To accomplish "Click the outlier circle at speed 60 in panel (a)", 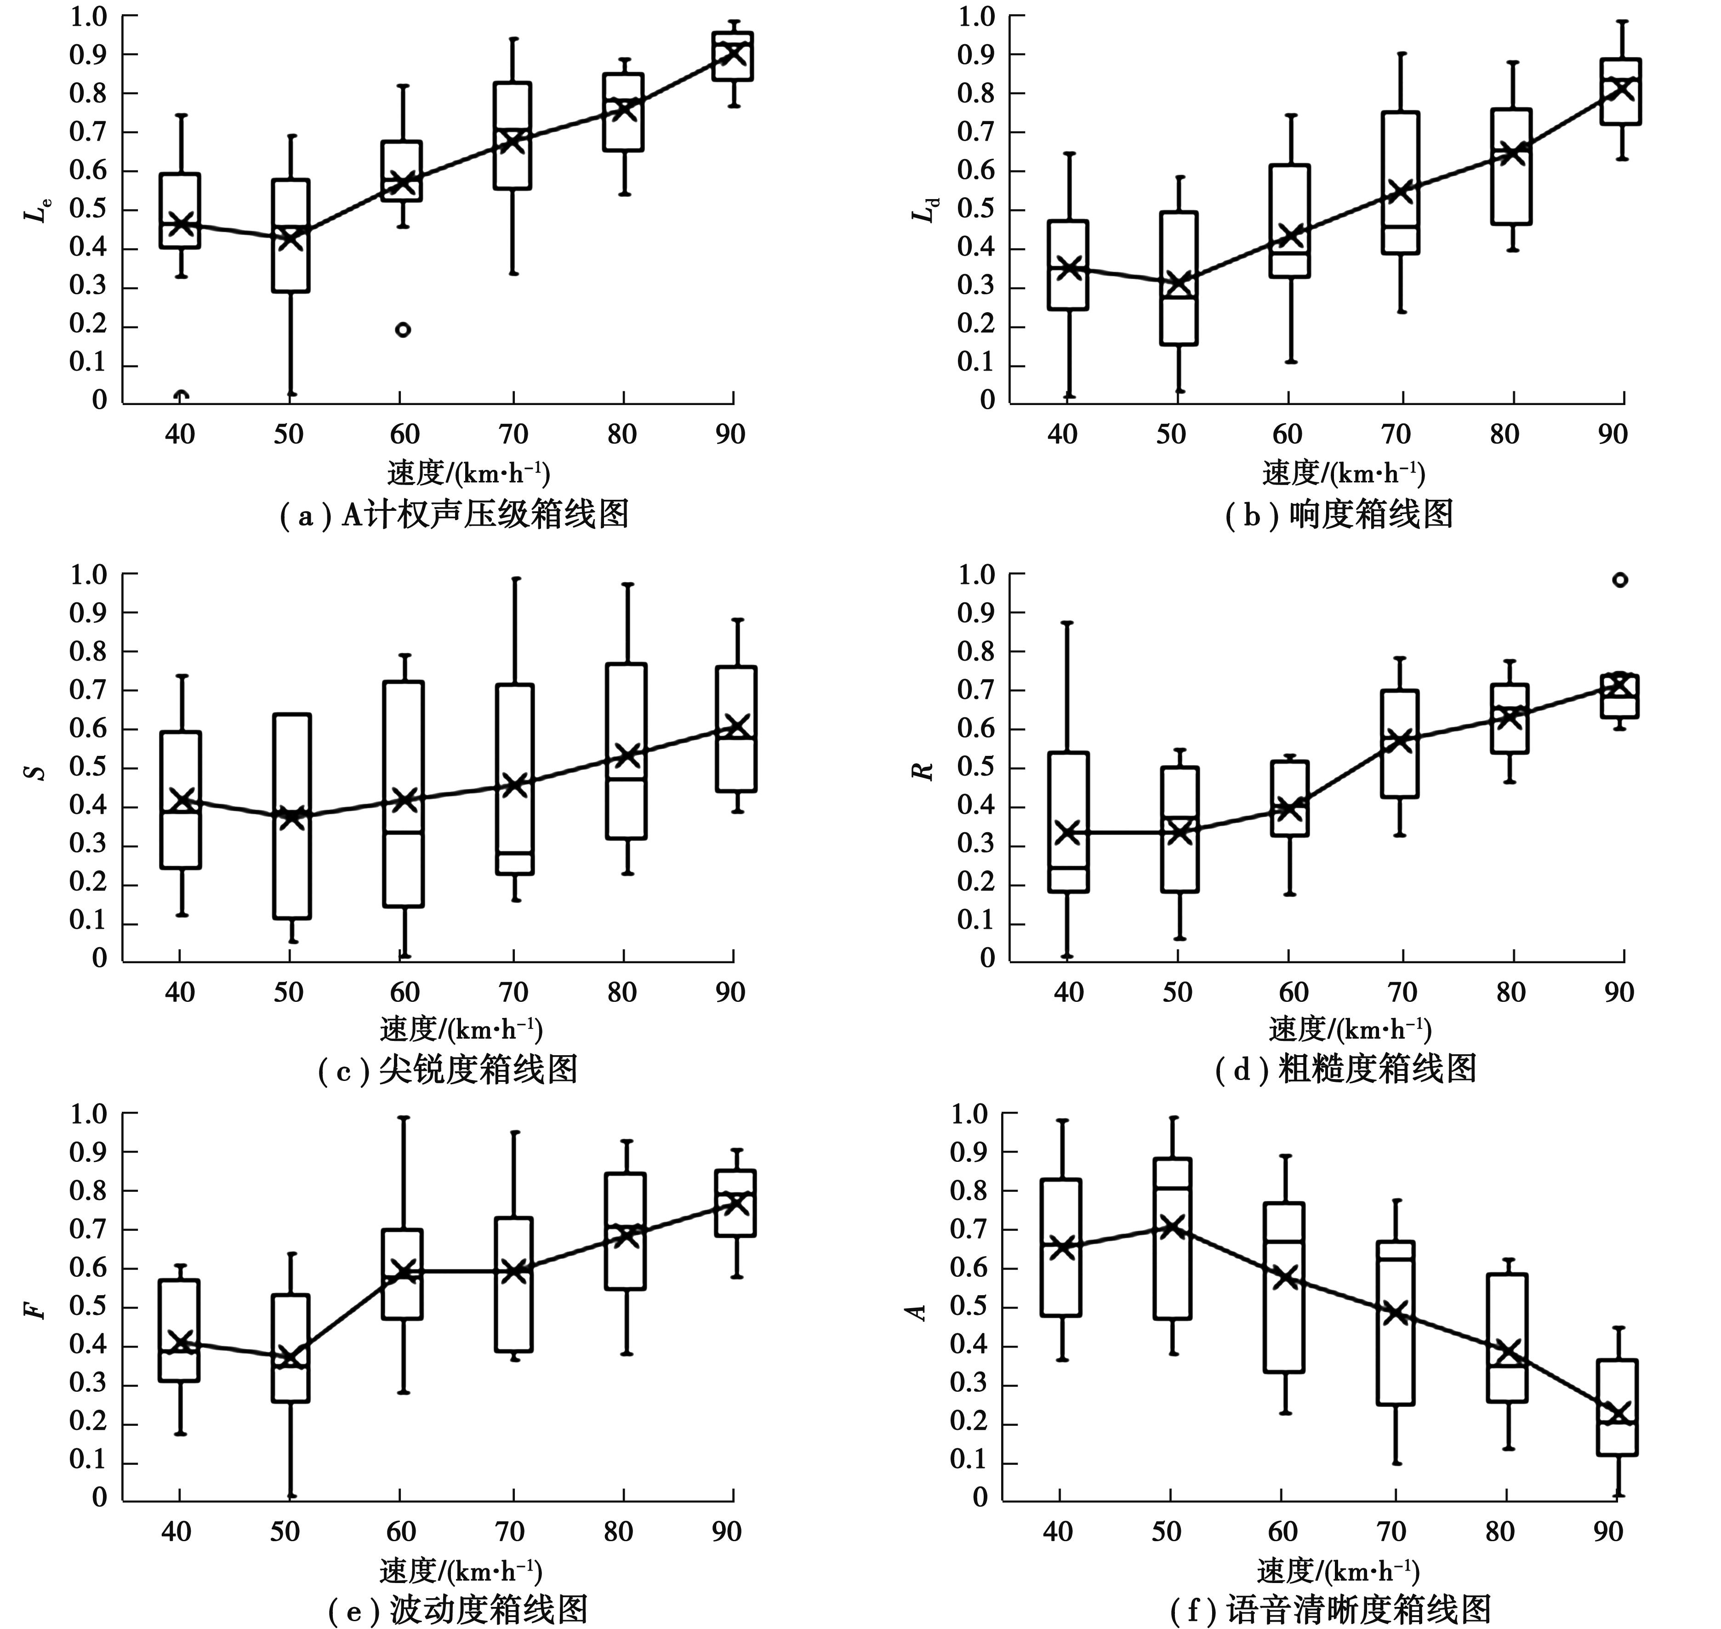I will [403, 329].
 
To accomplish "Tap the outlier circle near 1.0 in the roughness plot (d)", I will [1619, 580].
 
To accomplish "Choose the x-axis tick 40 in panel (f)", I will [1058, 1531].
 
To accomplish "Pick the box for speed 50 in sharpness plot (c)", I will [292, 816].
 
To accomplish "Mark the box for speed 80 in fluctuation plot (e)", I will [625, 1231].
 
